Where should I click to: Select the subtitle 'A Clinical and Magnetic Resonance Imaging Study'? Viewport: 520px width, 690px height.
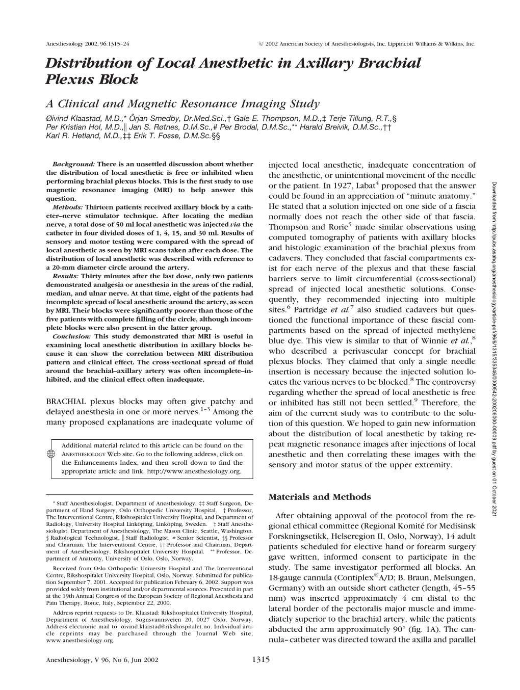(x=182, y=104)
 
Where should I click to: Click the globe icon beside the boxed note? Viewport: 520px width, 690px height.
(x=51, y=455)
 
